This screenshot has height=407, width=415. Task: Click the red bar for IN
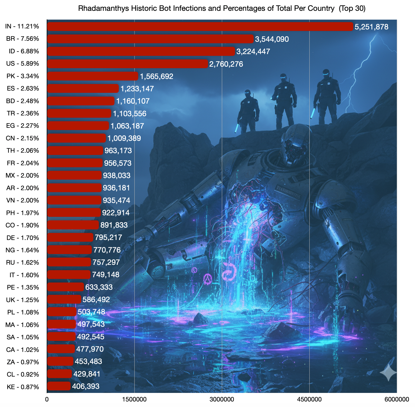(200, 27)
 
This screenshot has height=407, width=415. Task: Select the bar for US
(128, 64)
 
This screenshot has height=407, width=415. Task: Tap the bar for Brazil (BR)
(150, 39)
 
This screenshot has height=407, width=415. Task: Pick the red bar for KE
(59, 386)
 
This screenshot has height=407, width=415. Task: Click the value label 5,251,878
(371, 27)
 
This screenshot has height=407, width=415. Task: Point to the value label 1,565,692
(157, 76)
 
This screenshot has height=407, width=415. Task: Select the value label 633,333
(99, 287)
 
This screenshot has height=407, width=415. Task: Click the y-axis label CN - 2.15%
(22, 138)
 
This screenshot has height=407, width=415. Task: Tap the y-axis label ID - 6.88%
(24, 52)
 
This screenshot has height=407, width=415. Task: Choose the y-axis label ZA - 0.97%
(23, 362)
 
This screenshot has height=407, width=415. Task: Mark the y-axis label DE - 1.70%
(23, 238)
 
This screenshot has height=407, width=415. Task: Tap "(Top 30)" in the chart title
(352, 9)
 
